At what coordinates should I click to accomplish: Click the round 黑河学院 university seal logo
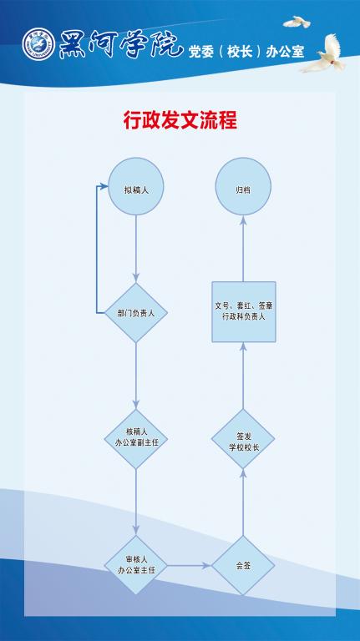(39, 44)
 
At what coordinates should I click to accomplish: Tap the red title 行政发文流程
(180, 120)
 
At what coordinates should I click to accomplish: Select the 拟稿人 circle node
(136, 186)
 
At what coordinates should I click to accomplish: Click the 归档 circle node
(243, 186)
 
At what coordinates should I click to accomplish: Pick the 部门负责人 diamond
(136, 313)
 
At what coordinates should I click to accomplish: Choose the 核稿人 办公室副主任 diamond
(136, 439)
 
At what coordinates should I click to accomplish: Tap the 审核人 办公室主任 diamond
(136, 565)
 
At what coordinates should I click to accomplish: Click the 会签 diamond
(243, 565)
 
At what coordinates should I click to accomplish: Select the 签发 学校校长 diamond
(243, 439)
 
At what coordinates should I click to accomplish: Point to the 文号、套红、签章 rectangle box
(244, 312)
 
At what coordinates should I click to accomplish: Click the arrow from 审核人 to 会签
(189, 566)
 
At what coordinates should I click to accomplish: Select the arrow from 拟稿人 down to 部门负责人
(136, 250)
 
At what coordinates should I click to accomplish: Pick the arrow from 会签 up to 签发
(243, 502)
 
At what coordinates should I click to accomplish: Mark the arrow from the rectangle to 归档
(243, 249)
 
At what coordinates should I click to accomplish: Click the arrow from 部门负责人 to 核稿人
(136, 376)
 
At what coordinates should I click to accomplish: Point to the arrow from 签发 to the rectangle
(243, 376)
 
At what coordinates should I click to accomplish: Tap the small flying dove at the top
(297, 22)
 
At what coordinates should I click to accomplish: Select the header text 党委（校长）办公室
(246, 52)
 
